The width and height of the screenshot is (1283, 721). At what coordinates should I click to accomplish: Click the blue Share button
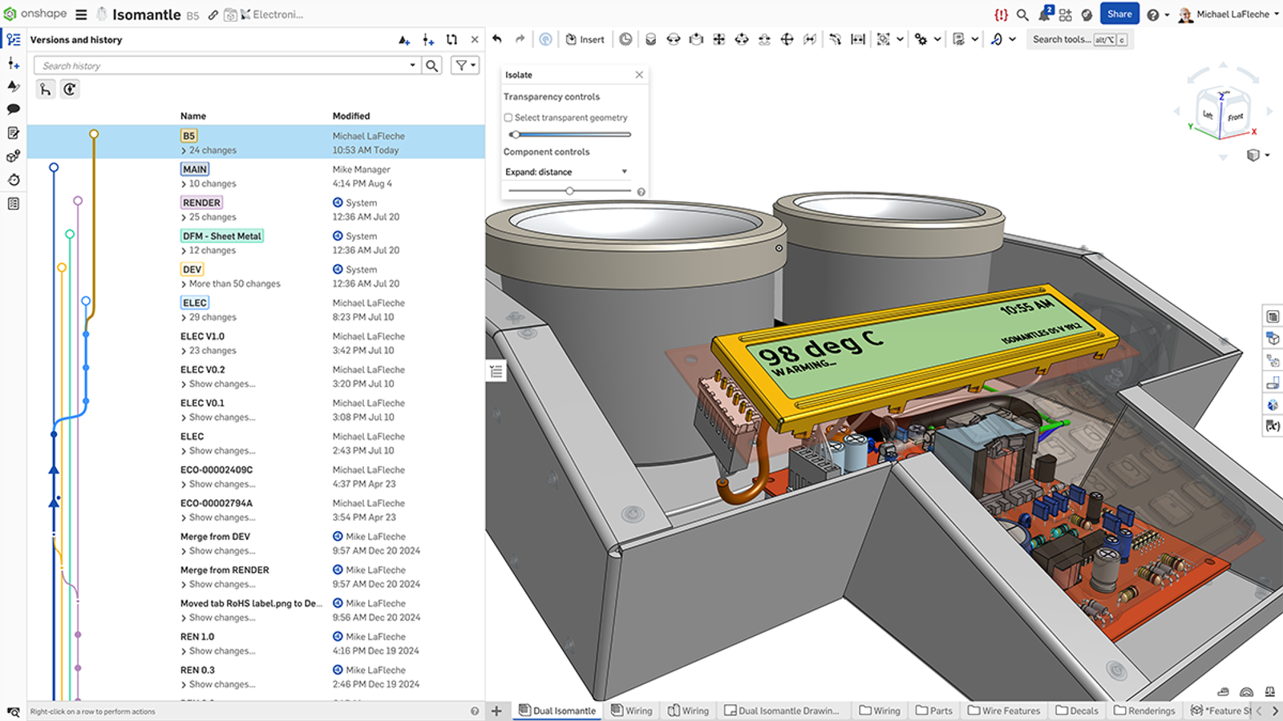pyautogui.click(x=1119, y=14)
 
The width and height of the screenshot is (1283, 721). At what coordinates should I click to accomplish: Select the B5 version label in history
pyautogui.click(x=189, y=136)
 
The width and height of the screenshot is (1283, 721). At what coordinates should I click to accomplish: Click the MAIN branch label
pyautogui.click(x=195, y=169)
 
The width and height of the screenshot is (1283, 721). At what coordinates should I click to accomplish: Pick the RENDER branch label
pyautogui.click(x=201, y=203)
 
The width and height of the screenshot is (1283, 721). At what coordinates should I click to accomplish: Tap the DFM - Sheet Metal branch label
pyautogui.click(x=222, y=236)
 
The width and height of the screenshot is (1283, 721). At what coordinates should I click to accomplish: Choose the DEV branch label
pyautogui.click(x=192, y=269)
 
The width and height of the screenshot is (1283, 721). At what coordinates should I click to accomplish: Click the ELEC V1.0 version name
pyautogui.click(x=202, y=336)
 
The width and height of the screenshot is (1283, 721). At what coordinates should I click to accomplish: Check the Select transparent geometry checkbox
pyautogui.click(x=508, y=118)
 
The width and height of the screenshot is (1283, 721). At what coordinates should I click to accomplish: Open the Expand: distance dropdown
pyautogui.click(x=566, y=171)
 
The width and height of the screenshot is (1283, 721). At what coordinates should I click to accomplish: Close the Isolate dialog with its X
pyautogui.click(x=639, y=75)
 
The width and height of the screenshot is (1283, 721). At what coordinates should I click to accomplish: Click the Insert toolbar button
pyautogui.click(x=585, y=39)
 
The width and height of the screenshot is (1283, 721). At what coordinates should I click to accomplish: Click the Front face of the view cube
pyautogui.click(x=1235, y=117)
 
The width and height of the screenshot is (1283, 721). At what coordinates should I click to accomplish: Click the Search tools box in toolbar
pyautogui.click(x=1061, y=39)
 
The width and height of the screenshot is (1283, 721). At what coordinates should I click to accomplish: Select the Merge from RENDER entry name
pyautogui.click(x=225, y=570)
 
